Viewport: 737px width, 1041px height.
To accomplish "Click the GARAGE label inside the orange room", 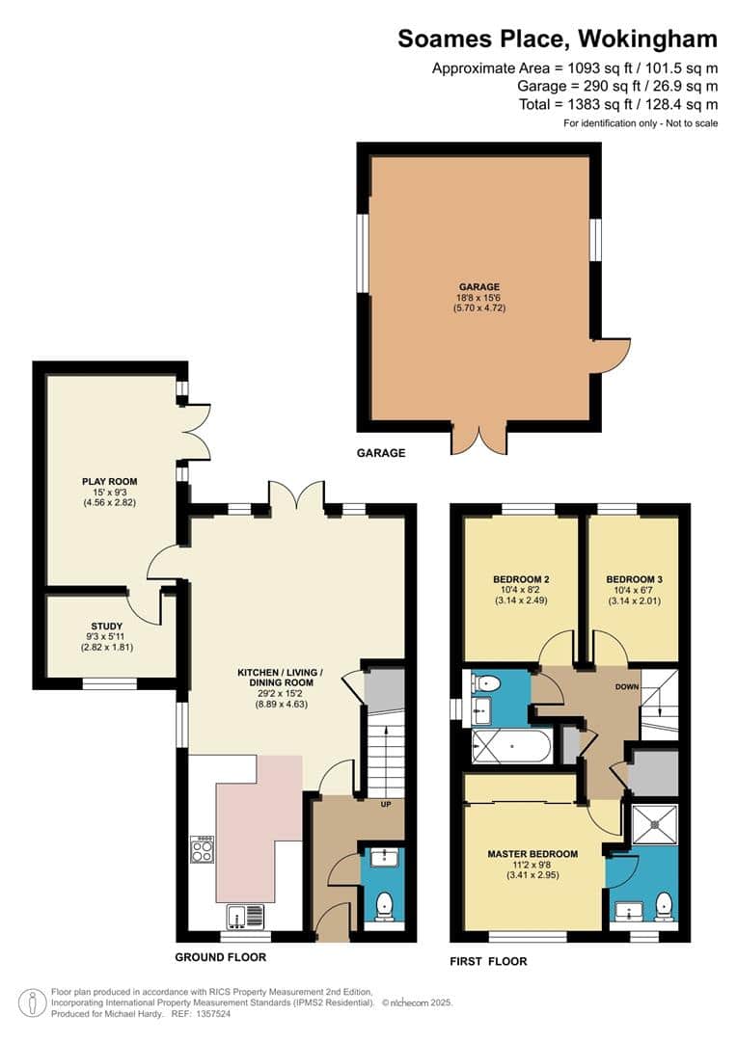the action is (479, 287).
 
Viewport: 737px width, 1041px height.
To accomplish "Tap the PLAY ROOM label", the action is (110, 481).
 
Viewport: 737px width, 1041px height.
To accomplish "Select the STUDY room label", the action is (107, 627).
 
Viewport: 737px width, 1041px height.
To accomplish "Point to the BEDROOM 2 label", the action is (521, 579).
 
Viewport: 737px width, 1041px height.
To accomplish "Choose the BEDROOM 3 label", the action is (634, 579).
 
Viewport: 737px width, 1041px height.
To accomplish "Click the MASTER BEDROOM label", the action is (533, 854).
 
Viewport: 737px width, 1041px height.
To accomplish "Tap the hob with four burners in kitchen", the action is (202, 848).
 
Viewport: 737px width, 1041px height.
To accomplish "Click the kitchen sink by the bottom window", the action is (245, 917).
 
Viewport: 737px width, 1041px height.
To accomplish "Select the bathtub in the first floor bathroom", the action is (510, 745).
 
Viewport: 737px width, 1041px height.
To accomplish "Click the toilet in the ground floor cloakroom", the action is (384, 906).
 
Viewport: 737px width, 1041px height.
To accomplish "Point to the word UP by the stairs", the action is (386, 805).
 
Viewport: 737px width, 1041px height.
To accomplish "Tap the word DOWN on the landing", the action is (627, 686).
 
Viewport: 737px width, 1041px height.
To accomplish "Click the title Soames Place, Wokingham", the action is (558, 40).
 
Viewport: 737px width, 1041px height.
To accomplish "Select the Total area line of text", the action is (618, 104).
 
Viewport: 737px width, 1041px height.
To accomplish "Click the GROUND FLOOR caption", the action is (221, 957).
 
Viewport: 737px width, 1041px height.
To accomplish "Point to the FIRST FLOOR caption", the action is (488, 961).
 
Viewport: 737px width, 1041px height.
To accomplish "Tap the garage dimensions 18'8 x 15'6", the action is (479, 298).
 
